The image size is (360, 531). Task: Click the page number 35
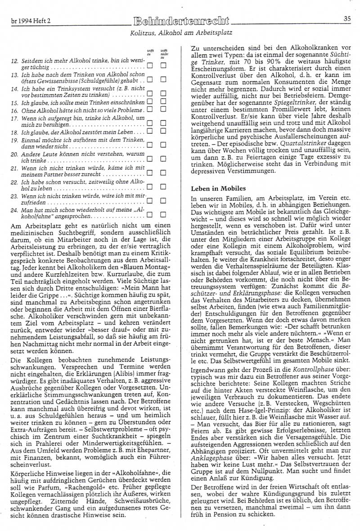347,19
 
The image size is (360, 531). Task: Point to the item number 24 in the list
13,209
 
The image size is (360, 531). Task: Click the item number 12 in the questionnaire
13,59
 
